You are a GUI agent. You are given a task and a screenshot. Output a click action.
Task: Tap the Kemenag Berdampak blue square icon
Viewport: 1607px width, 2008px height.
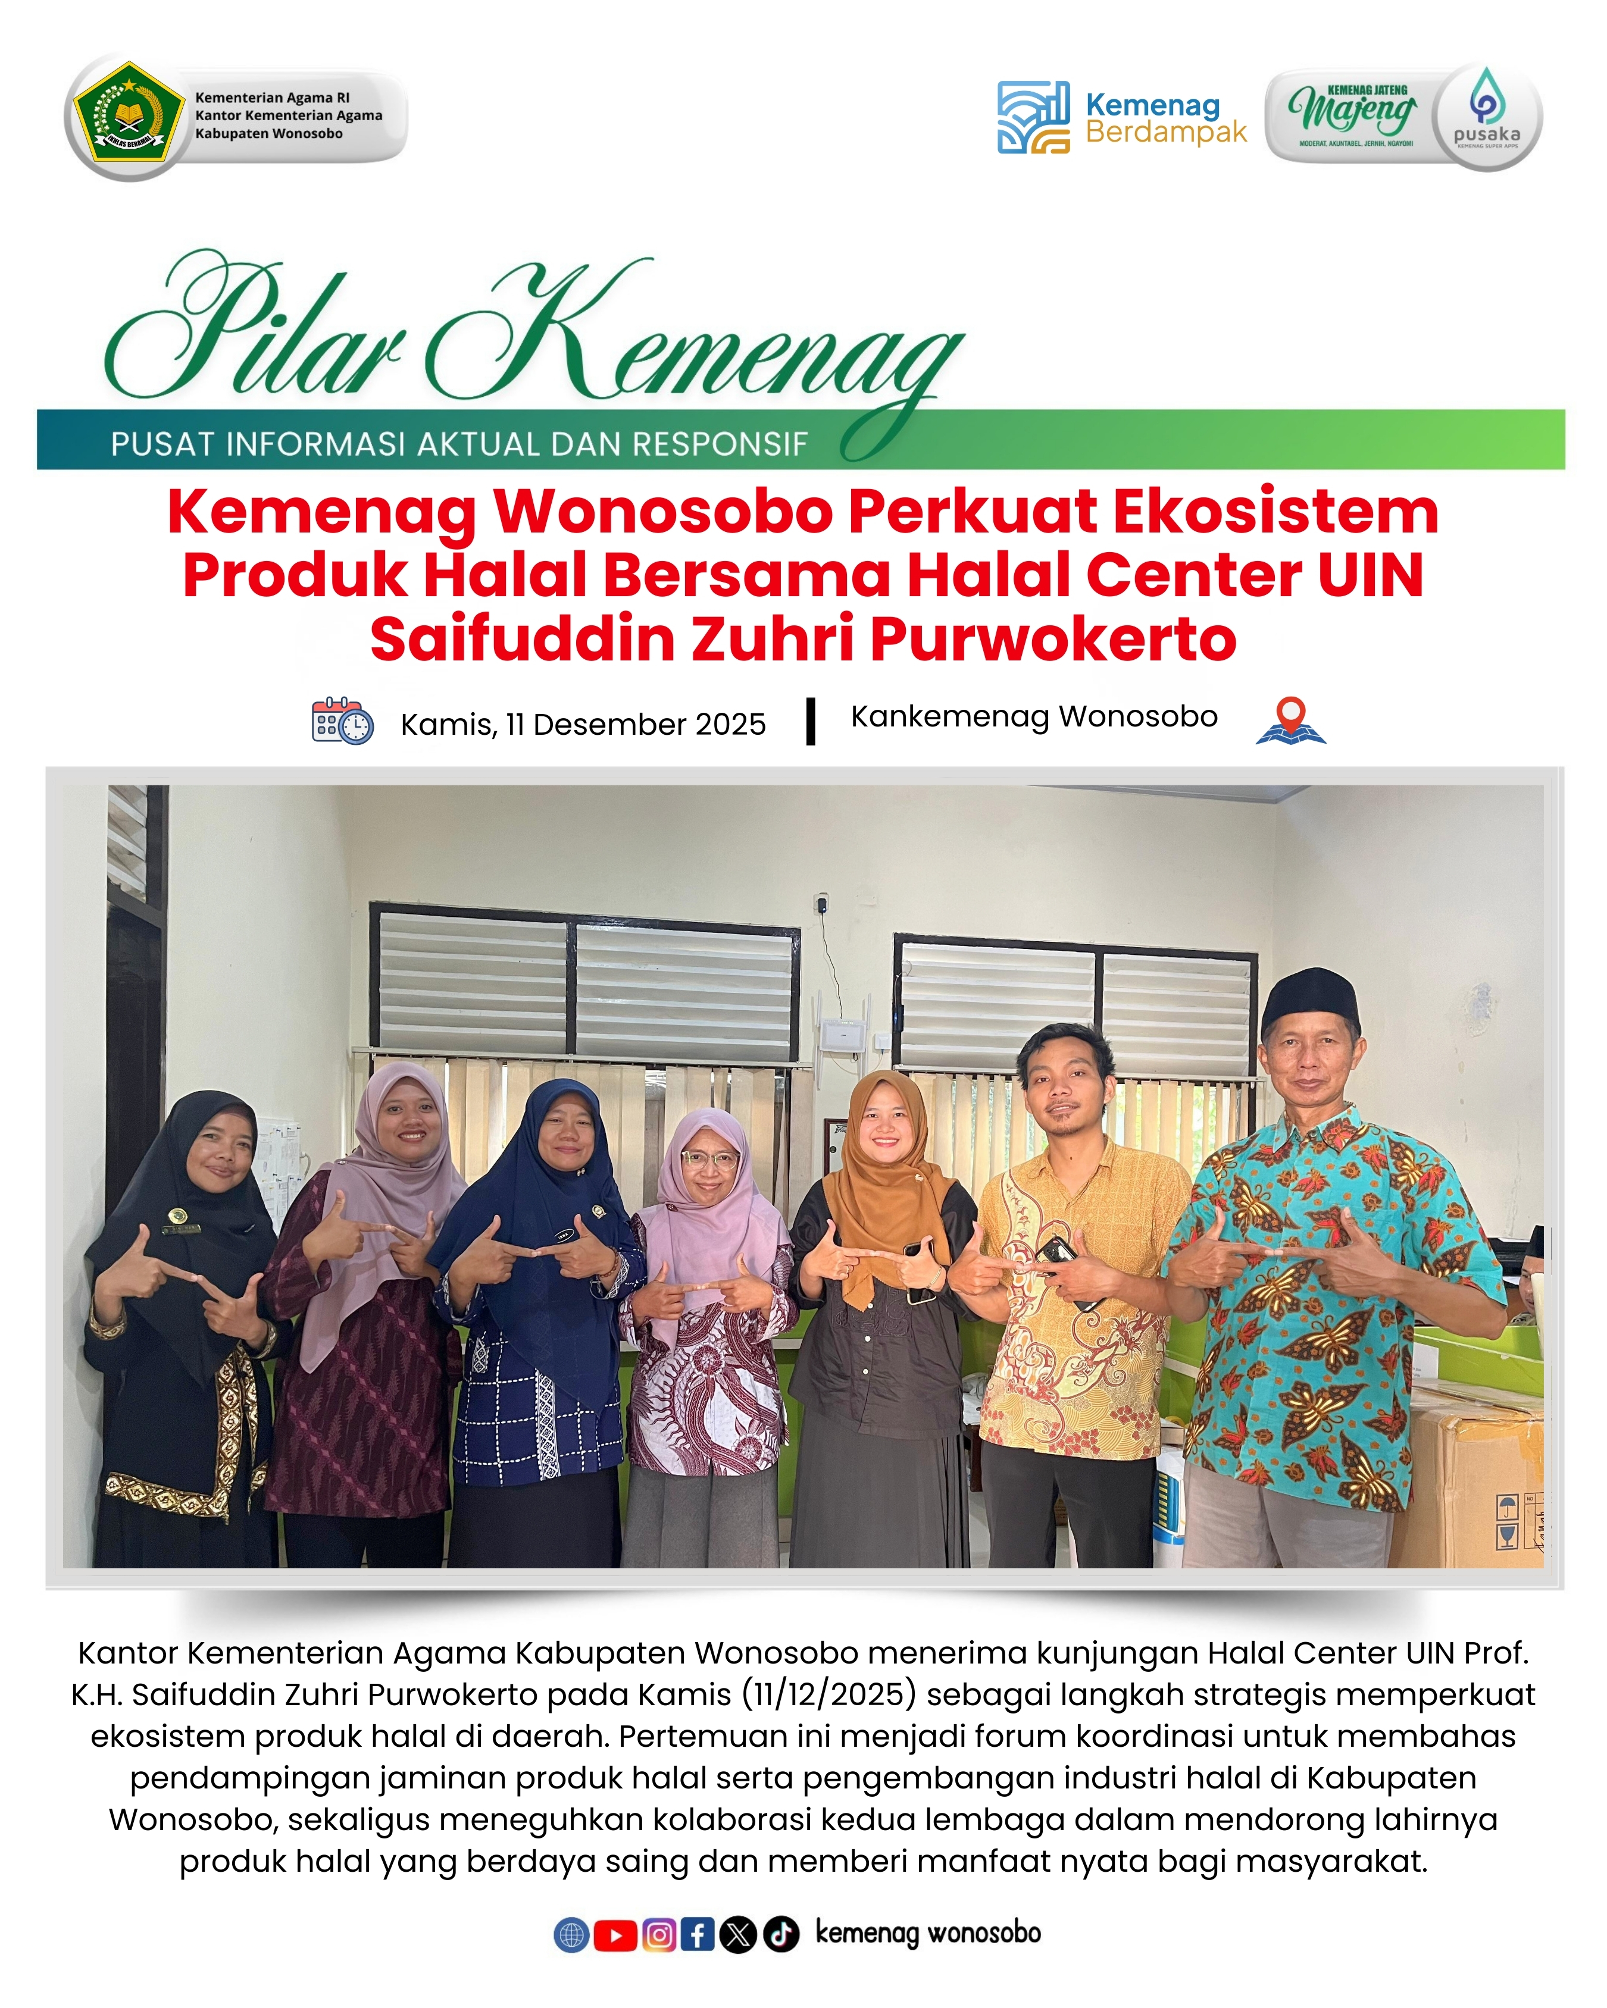(1032, 117)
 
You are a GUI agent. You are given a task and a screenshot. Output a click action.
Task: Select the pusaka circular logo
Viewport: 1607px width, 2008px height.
(1486, 117)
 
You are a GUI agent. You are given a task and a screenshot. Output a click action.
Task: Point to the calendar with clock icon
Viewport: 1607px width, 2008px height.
(342, 721)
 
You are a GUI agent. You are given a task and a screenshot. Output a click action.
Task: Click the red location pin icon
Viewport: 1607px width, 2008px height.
(1290, 720)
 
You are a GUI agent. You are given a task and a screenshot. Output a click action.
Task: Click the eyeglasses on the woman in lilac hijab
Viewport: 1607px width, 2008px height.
(709, 1160)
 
